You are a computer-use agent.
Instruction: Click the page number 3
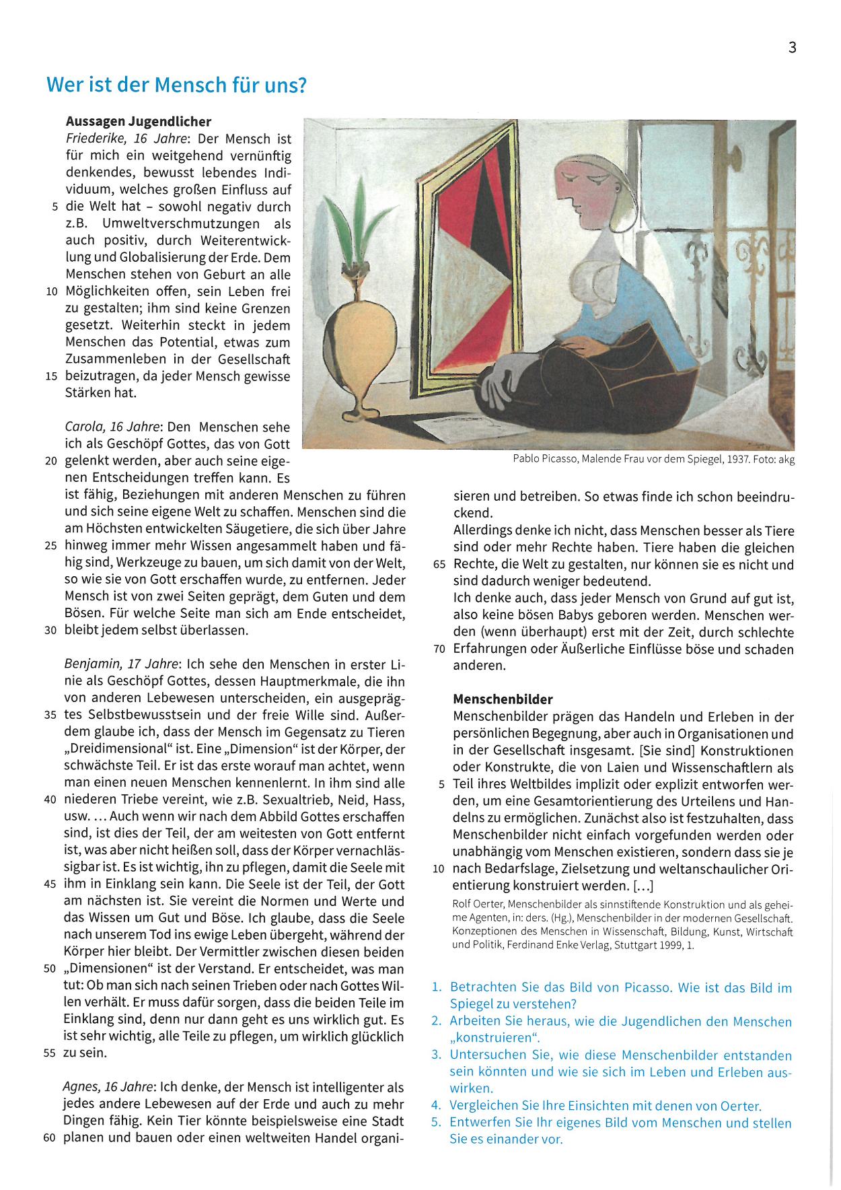(792, 47)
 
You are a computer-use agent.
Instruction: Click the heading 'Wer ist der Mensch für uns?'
(176, 85)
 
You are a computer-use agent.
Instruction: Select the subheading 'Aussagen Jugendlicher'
(139, 122)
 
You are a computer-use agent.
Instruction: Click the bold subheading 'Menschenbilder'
(503, 699)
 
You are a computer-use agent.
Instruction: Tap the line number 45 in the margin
(50, 884)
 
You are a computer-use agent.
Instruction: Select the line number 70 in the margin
(439, 650)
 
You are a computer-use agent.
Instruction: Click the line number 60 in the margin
(49, 1138)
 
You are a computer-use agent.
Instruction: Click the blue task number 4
(436, 1105)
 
